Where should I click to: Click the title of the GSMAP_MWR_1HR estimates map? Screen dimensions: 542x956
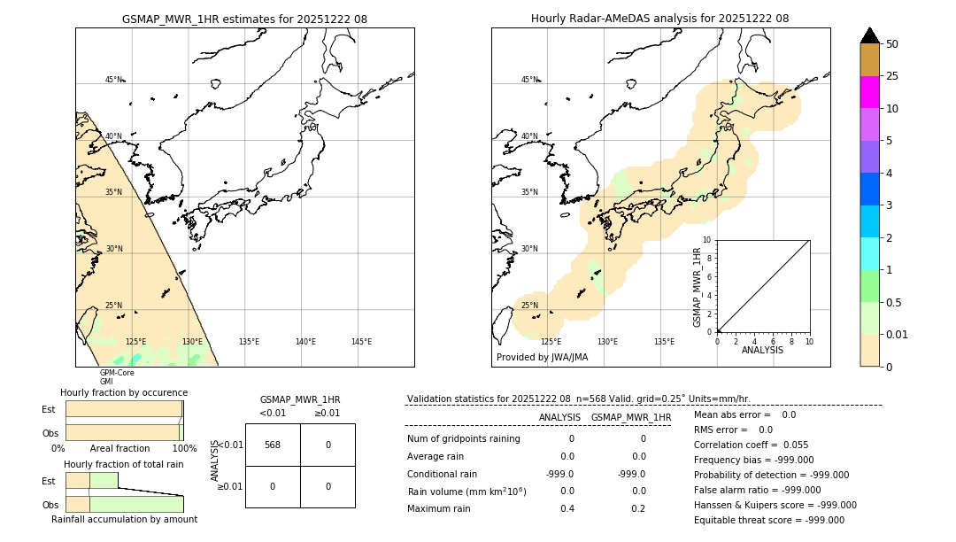244,19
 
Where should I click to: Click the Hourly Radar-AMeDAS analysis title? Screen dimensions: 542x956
659,19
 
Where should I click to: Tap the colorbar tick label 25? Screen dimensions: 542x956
892,76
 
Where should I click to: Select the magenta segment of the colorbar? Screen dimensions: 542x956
869,92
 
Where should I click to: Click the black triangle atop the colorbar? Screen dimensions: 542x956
869,35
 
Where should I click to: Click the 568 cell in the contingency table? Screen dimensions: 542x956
273,445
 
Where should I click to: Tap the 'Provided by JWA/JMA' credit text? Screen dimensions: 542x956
542,358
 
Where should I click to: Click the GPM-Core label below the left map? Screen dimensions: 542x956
117,373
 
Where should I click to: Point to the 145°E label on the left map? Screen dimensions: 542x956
361,342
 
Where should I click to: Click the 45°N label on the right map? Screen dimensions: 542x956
529,80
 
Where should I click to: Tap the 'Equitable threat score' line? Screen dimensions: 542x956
768,521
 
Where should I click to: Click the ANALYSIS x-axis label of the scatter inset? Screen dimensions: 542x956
762,351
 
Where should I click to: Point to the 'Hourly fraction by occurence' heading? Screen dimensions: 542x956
124,392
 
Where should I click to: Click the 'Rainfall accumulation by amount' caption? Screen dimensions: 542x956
124,520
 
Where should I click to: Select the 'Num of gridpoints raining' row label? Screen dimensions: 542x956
464,439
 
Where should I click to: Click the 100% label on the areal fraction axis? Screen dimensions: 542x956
184,449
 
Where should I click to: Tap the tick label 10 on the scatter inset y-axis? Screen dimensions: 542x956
706,239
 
